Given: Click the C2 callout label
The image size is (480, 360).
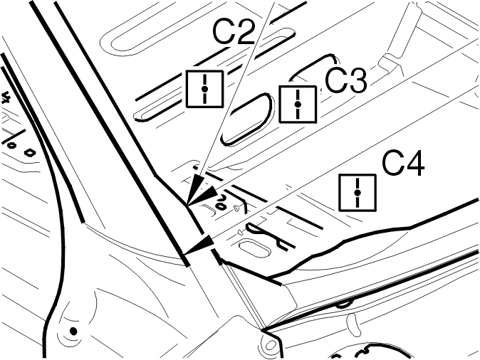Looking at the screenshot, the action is pyautogui.click(x=234, y=33).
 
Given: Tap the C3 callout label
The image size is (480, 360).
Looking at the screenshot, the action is pyautogui.click(x=345, y=80).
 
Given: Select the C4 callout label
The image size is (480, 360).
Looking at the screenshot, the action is pyautogui.click(x=404, y=164).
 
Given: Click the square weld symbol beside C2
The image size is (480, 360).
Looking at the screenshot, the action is pyautogui.click(x=204, y=89).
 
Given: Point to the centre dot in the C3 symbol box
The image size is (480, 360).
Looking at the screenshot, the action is pyautogui.click(x=298, y=105).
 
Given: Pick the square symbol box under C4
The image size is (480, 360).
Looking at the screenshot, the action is pyautogui.click(x=358, y=192).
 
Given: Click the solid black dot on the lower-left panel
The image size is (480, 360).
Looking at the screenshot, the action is pyautogui.click(x=73, y=332).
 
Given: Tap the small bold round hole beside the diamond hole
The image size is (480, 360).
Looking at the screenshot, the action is pyautogui.click(x=11, y=146).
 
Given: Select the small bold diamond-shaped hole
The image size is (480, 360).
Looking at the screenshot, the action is pyautogui.click(x=30, y=152).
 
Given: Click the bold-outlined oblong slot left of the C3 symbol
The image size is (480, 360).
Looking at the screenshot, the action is pyautogui.click(x=246, y=119).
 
